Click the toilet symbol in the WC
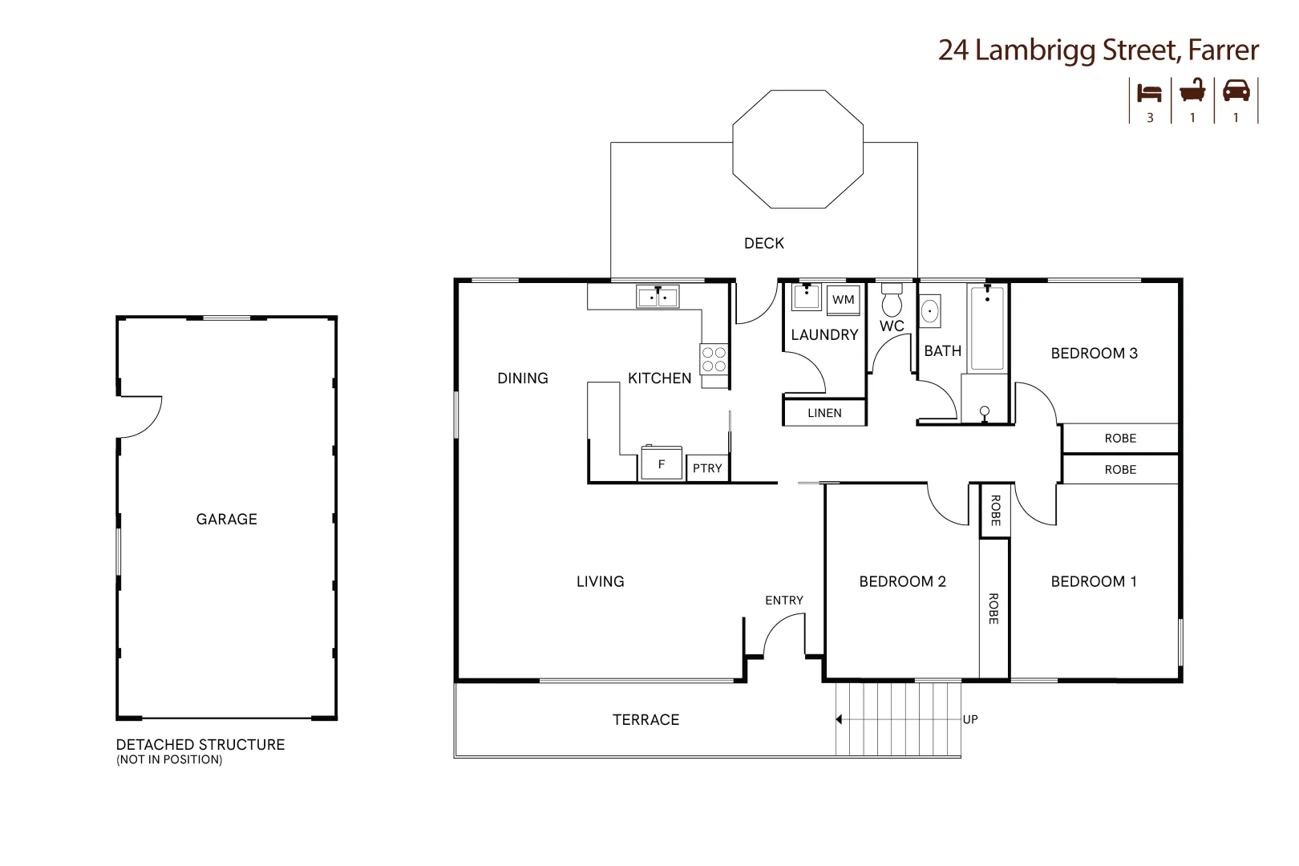[892, 302]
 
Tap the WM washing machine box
[843, 300]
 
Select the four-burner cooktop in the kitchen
[714, 359]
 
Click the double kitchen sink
[658, 297]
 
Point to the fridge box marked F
[662, 464]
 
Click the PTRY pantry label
[707, 468]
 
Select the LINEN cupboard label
[824, 413]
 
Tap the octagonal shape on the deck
[798, 149]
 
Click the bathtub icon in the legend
[1192, 91]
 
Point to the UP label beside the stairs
[970, 719]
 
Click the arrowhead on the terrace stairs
[839, 719]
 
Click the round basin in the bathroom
[930, 310]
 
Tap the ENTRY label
[783, 600]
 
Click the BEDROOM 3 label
[1094, 353]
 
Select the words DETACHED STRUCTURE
[200, 744]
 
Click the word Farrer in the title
[1223, 51]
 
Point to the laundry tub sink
[805, 298]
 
